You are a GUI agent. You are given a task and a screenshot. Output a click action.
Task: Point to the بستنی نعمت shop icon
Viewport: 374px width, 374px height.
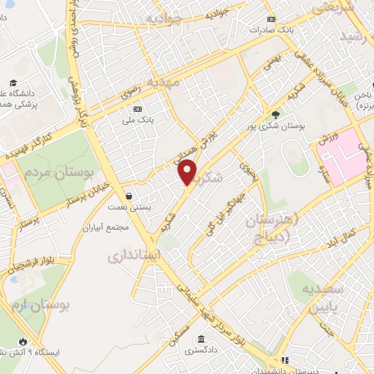[129, 196]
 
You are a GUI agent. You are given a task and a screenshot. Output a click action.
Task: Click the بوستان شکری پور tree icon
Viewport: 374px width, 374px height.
[275, 114]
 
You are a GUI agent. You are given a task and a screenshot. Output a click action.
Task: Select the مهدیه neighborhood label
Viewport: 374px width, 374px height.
[167, 83]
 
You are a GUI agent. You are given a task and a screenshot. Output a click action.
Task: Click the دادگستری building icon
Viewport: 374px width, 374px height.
[199, 339]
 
